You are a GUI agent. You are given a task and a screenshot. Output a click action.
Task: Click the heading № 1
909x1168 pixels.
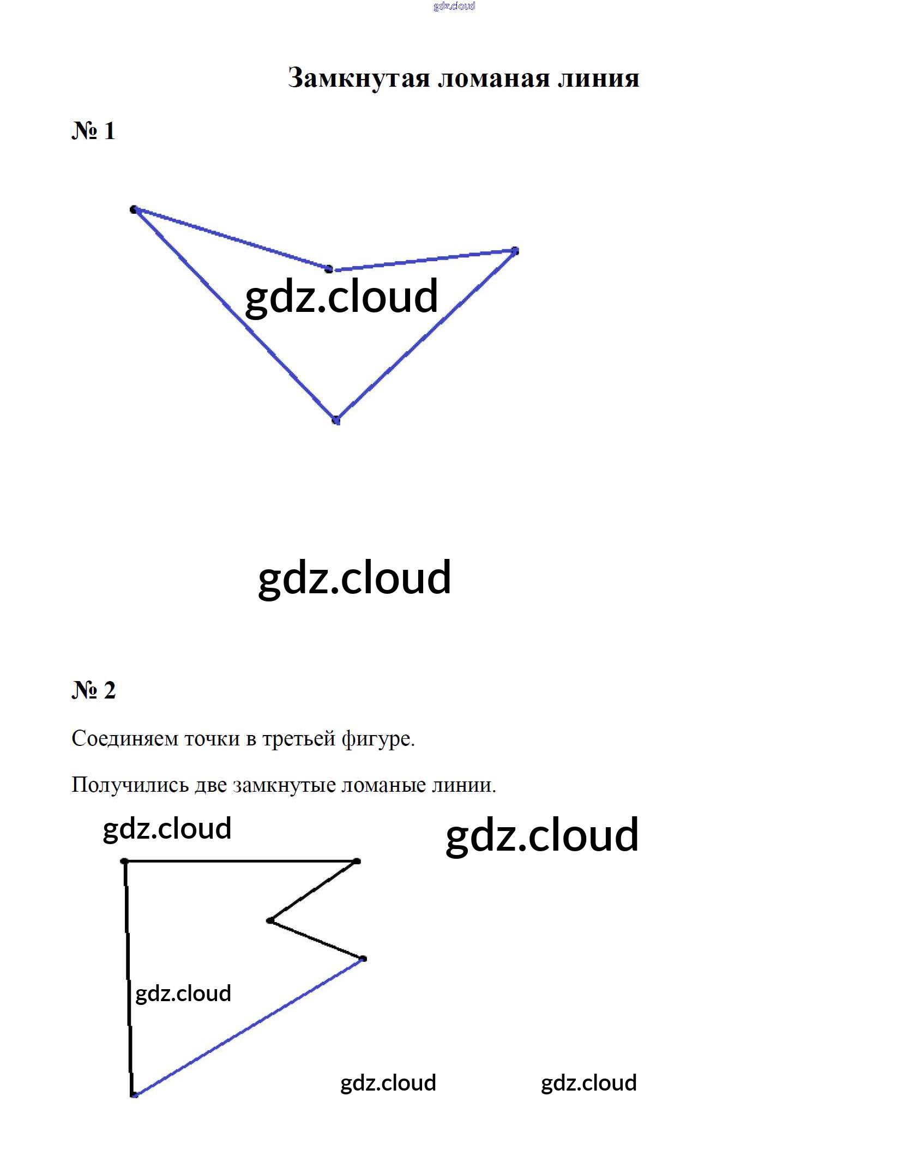(93, 131)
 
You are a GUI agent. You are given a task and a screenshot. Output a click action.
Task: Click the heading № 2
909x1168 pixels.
(93, 690)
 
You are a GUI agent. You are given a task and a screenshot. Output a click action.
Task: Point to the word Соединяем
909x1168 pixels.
(125, 739)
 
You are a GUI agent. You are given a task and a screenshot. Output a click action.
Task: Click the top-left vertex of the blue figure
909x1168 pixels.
(134, 209)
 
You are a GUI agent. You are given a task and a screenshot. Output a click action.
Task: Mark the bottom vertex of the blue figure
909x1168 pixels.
(336, 420)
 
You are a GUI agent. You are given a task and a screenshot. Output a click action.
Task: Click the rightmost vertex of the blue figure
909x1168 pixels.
(515, 251)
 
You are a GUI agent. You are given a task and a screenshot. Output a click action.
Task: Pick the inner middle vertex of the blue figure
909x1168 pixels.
(329, 269)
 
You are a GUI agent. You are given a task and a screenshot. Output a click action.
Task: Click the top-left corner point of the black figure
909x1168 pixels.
(125, 862)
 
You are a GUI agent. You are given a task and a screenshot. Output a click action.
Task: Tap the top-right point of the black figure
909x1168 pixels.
(357, 862)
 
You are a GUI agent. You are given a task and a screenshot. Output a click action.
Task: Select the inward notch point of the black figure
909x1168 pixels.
(270, 921)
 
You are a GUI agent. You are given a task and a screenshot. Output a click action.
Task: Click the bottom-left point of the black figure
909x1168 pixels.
(134, 1094)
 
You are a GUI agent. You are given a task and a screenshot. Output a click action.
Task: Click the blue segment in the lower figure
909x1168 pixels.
(249, 1027)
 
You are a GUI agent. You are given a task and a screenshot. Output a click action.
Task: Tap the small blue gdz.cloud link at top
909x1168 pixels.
(454, 6)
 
